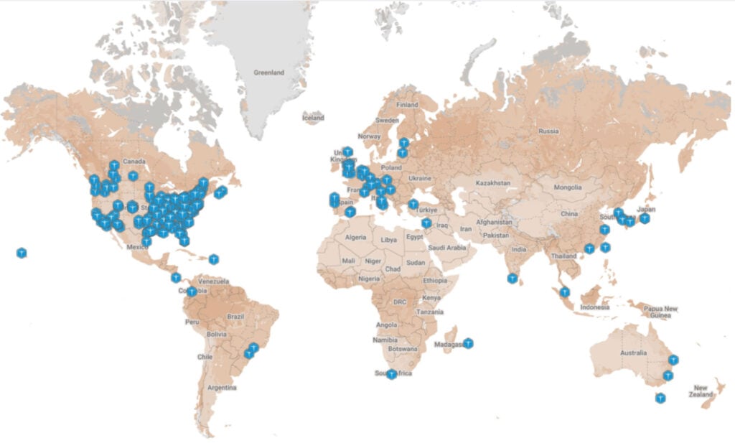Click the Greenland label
[269, 73]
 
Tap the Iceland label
[313, 118]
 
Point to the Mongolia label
[568, 187]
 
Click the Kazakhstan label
[492, 183]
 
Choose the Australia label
[633, 353]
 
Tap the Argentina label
[223, 388]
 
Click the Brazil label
[236, 317]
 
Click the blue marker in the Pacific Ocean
[22, 253]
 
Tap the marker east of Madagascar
[468, 344]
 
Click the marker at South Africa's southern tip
[391, 374]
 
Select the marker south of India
[512, 278]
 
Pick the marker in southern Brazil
[249, 353]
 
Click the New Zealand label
[701, 391]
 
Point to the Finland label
[407, 104]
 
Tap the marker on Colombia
[192, 292]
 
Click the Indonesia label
[594, 307]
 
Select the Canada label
[130, 162]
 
